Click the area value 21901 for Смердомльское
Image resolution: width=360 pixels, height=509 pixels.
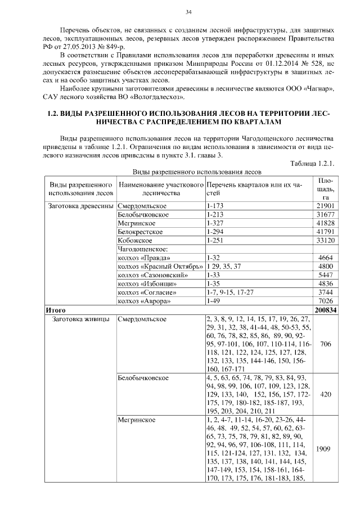coord(325,206)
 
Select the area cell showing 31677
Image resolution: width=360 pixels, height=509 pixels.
coord(325,215)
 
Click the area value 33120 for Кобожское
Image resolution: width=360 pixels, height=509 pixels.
coord(325,240)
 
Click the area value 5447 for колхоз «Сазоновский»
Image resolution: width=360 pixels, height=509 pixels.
coord(326,275)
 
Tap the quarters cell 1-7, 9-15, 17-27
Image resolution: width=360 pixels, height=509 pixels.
coord(230,292)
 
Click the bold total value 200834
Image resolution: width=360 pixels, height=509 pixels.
coord(325,310)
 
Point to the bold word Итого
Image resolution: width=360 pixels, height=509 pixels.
coord(56,310)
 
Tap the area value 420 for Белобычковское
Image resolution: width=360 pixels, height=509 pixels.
coord(325,395)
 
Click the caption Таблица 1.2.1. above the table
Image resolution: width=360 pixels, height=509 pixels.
coord(313,164)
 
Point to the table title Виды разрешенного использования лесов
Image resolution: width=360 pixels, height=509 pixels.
coord(197,172)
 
